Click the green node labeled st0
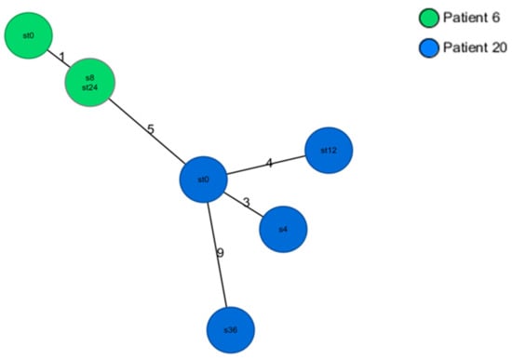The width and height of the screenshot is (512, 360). [x=29, y=36]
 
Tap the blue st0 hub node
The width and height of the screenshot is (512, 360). [x=204, y=178]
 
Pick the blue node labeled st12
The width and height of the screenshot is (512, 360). [x=329, y=151]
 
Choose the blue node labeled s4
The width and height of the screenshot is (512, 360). [x=283, y=228]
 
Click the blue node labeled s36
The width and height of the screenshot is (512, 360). [x=229, y=329]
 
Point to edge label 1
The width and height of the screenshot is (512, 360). [x=61, y=58]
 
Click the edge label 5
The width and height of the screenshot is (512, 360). [x=151, y=128]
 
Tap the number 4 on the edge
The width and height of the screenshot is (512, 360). [x=269, y=164]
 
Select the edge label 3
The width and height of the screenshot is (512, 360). [x=247, y=202]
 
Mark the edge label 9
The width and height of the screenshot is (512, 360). [x=220, y=252]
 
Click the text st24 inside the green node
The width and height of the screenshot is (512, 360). [x=89, y=89]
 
